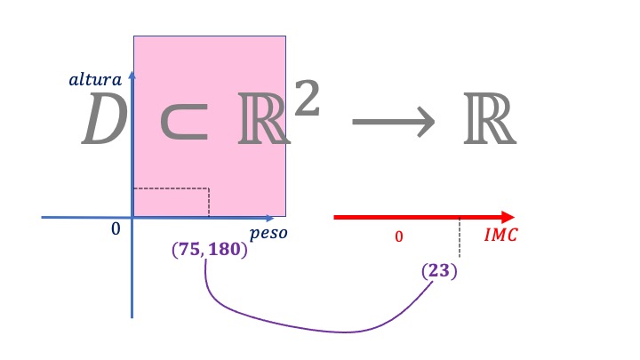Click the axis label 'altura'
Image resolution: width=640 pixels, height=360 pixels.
[x=95, y=80]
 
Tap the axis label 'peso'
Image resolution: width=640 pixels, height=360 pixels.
[x=268, y=234]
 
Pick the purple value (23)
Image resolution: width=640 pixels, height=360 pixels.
[x=439, y=269]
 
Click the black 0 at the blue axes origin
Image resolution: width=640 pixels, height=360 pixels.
[x=115, y=229]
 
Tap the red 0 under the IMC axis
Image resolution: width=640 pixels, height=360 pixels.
[x=399, y=236]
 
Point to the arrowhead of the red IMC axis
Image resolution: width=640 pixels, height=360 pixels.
[x=508, y=217]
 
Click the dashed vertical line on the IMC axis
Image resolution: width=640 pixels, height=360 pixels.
[x=459, y=238]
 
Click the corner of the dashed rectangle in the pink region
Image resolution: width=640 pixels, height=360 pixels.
[x=208, y=188]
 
